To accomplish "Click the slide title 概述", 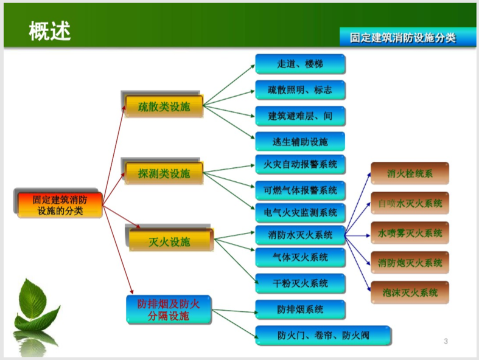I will coord(50,30).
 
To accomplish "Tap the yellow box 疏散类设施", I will coord(164,107).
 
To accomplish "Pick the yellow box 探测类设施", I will coord(164,173).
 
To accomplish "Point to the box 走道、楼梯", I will coord(300,64).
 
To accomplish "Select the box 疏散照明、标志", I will coord(300,90).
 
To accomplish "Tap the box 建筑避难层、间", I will coord(300,116).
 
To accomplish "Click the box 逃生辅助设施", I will coord(300,142).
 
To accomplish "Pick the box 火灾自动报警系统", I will coord(300,164).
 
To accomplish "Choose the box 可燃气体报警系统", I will coord(300,190).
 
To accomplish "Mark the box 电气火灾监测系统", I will coord(300,213).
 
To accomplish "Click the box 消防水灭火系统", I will coord(300,235).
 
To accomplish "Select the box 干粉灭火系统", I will coord(300,283).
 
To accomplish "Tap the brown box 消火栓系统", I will coord(410,173).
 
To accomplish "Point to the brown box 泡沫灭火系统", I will coord(410,292).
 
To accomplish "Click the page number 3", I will coord(446,341).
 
